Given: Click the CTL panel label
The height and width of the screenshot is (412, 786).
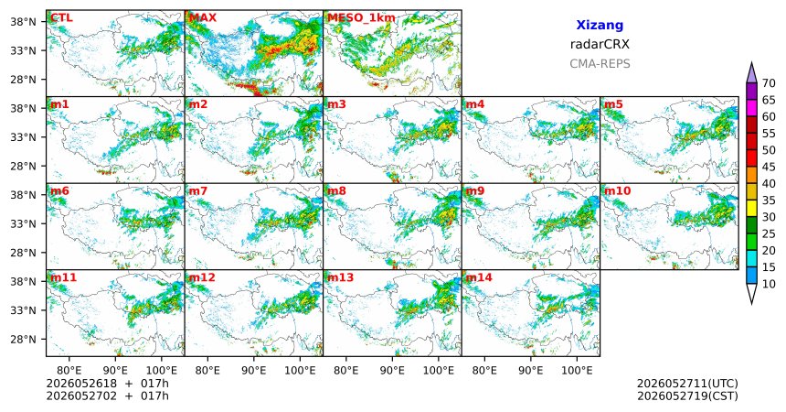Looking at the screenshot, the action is (x=61, y=18).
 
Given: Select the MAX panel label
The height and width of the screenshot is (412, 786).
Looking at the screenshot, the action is (x=203, y=18).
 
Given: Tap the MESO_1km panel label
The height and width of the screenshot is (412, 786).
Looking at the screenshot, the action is (x=361, y=18).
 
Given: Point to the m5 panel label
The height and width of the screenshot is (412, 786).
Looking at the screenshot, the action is (x=613, y=104).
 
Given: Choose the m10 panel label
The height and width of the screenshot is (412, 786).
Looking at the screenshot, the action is (x=617, y=191).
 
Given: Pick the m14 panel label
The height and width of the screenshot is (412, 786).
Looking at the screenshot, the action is (x=479, y=277).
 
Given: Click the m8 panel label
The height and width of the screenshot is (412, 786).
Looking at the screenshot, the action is (x=336, y=191).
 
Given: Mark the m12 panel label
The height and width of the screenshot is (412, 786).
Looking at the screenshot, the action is (x=201, y=277).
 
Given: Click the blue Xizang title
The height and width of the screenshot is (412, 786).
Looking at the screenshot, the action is (x=600, y=25).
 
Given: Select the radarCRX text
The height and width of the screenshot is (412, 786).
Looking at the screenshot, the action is (x=600, y=44).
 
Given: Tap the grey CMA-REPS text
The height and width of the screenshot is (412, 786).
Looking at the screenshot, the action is (x=600, y=64).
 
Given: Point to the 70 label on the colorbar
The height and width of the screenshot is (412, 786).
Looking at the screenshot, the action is (x=769, y=83).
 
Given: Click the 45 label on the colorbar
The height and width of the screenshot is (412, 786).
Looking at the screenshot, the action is (x=769, y=167).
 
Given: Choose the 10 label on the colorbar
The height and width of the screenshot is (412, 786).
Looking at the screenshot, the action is (x=769, y=284).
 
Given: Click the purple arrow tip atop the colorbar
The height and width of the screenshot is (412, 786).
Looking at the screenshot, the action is (x=751, y=63).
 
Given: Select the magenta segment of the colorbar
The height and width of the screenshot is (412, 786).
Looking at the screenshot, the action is (x=751, y=108).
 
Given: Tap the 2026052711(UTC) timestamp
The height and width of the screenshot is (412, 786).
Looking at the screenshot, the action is (x=687, y=384).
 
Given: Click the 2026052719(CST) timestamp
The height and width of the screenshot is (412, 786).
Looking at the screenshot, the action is (x=687, y=396).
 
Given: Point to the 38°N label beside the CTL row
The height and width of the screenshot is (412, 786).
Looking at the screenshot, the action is (x=23, y=22).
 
